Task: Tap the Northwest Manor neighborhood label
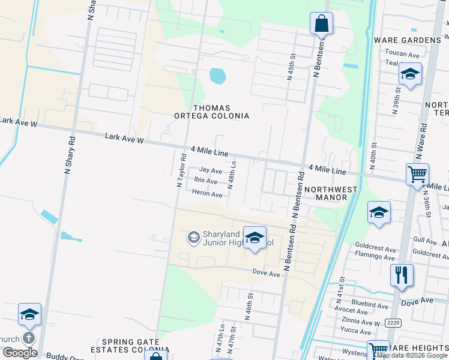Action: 331,193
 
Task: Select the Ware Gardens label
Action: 407,40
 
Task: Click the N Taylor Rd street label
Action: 180,171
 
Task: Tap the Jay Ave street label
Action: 211,171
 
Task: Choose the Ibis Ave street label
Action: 205,181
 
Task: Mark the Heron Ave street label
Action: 207,194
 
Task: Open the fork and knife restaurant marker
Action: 402,274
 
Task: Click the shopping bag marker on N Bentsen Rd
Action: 321,24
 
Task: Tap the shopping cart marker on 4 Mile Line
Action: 417,175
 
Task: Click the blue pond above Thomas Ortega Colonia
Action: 217,76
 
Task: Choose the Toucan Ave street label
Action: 402,54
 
